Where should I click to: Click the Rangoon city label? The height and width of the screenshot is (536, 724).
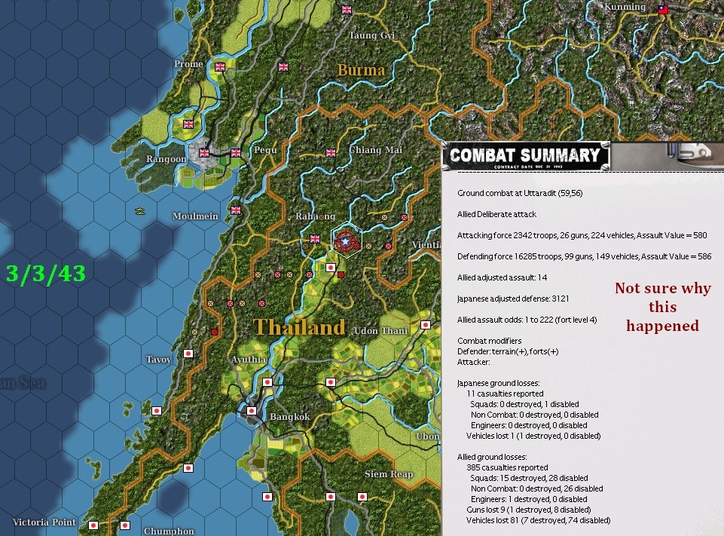click(166, 159)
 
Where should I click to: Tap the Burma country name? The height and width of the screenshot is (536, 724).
click(361, 70)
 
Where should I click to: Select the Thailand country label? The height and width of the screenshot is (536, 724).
click(299, 327)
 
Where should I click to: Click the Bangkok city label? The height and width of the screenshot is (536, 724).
click(290, 417)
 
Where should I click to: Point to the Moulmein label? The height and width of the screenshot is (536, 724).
click(195, 216)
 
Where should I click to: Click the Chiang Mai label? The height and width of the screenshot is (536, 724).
click(375, 150)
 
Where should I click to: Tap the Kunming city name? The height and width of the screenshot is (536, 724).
click(625, 8)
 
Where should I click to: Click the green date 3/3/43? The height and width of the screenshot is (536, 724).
click(45, 273)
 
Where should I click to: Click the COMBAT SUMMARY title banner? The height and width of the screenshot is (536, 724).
click(525, 157)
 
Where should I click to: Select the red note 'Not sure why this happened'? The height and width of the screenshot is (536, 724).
click(662, 307)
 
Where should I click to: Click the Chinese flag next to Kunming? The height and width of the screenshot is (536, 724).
click(663, 11)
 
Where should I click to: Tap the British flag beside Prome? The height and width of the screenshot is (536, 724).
click(220, 66)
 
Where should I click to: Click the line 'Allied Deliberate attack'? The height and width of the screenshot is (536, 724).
click(496, 214)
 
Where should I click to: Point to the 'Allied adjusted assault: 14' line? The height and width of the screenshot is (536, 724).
click(502, 278)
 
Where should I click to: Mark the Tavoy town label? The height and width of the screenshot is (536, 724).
click(159, 360)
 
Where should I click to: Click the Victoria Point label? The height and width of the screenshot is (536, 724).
click(43, 522)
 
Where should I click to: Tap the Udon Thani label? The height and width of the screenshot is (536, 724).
click(380, 331)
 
